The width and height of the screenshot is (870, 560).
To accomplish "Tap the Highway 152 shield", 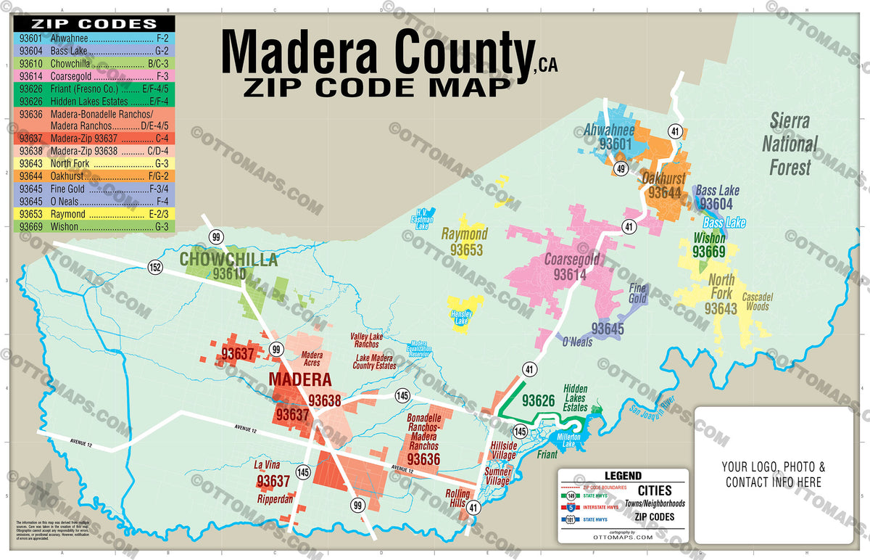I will pyautogui.click(x=155, y=267).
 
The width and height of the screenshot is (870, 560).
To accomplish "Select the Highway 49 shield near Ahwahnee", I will pyautogui.click(x=621, y=169).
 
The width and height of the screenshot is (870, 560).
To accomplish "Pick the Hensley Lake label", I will pyautogui.click(x=462, y=317).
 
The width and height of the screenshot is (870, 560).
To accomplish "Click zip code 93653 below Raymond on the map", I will pyautogui.click(x=465, y=250).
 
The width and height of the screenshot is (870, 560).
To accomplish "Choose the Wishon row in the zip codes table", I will pyautogui.click(x=93, y=227).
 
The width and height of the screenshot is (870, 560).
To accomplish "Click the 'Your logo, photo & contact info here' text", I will pyautogui.click(x=773, y=474).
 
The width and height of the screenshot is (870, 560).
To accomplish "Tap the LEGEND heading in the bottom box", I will pyautogui.click(x=623, y=476).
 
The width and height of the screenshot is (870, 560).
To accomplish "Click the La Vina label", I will pyautogui.click(x=267, y=464).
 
